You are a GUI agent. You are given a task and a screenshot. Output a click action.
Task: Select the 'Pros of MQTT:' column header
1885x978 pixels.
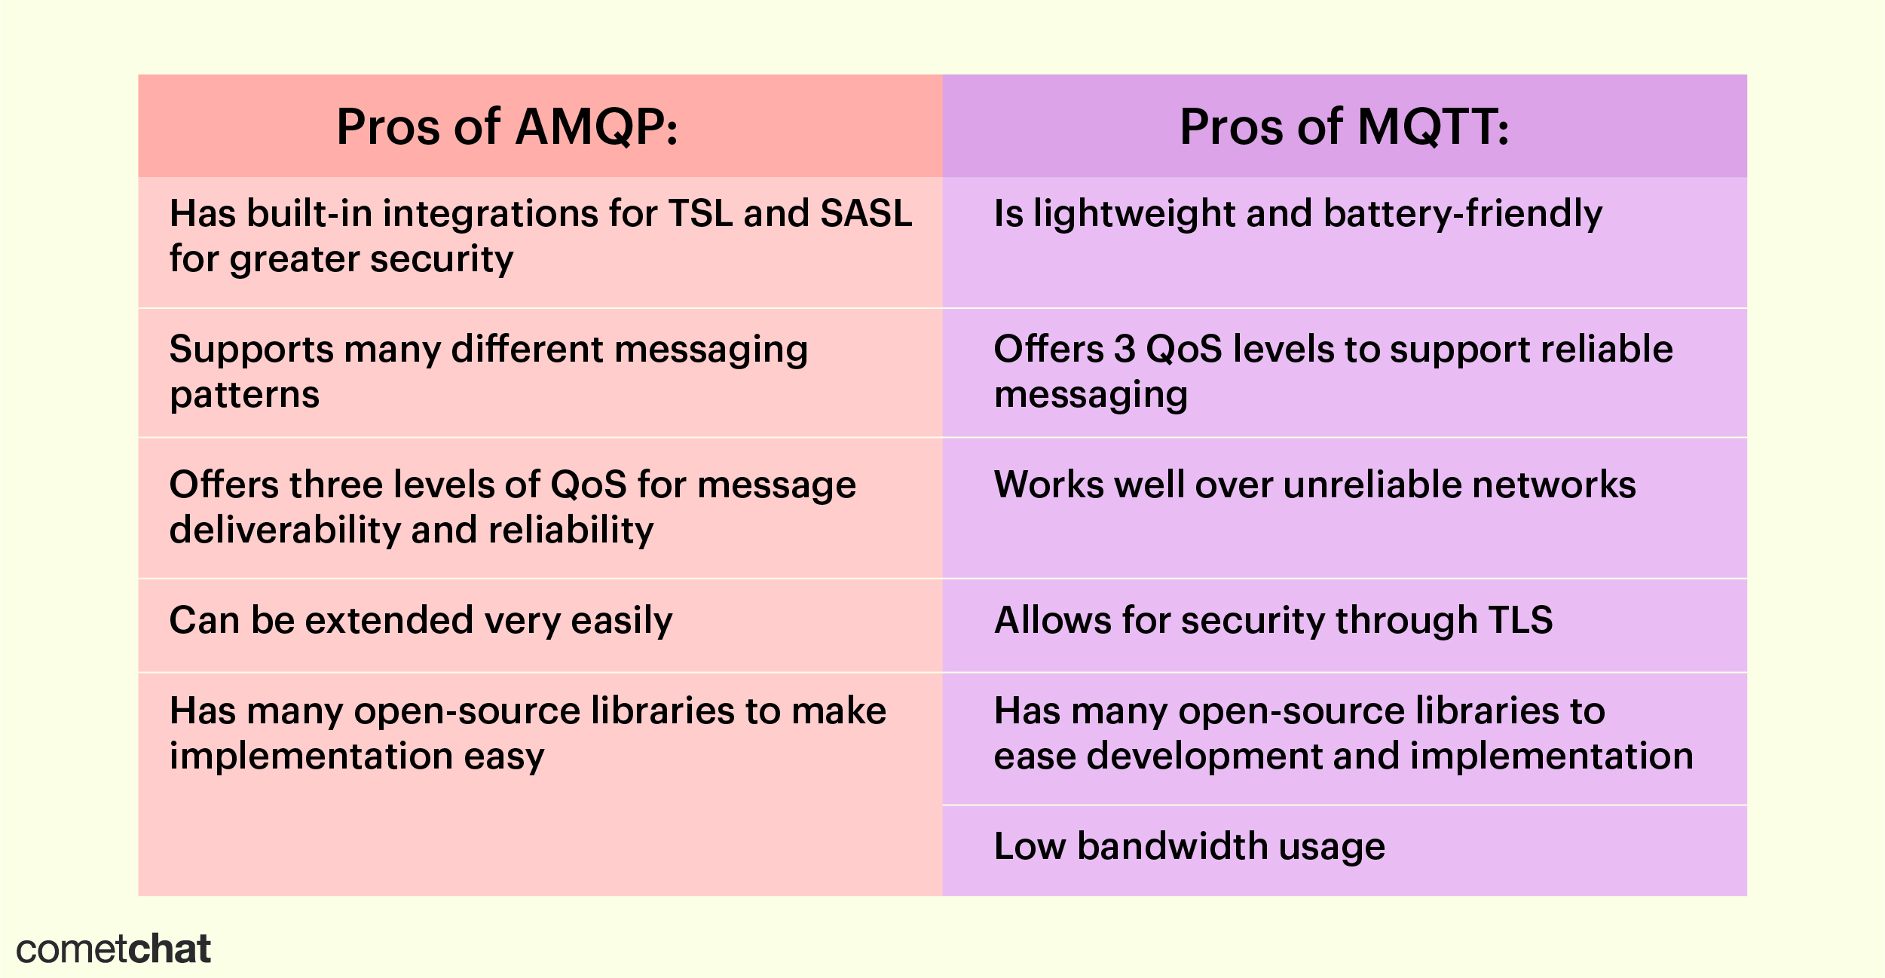click(x=1344, y=127)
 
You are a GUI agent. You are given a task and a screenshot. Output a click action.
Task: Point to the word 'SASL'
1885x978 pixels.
click(x=866, y=213)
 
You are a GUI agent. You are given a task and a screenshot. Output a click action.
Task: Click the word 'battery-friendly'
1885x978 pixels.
click(x=1463, y=215)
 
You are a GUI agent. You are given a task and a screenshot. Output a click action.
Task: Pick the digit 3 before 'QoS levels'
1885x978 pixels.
click(x=1125, y=349)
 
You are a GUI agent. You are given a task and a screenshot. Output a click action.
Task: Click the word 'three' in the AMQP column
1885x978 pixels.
click(x=338, y=484)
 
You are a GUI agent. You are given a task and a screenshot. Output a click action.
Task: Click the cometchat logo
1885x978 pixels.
click(x=113, y=949)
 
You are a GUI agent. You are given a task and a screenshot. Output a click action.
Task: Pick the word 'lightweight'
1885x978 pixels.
click(x=1134, y=215)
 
